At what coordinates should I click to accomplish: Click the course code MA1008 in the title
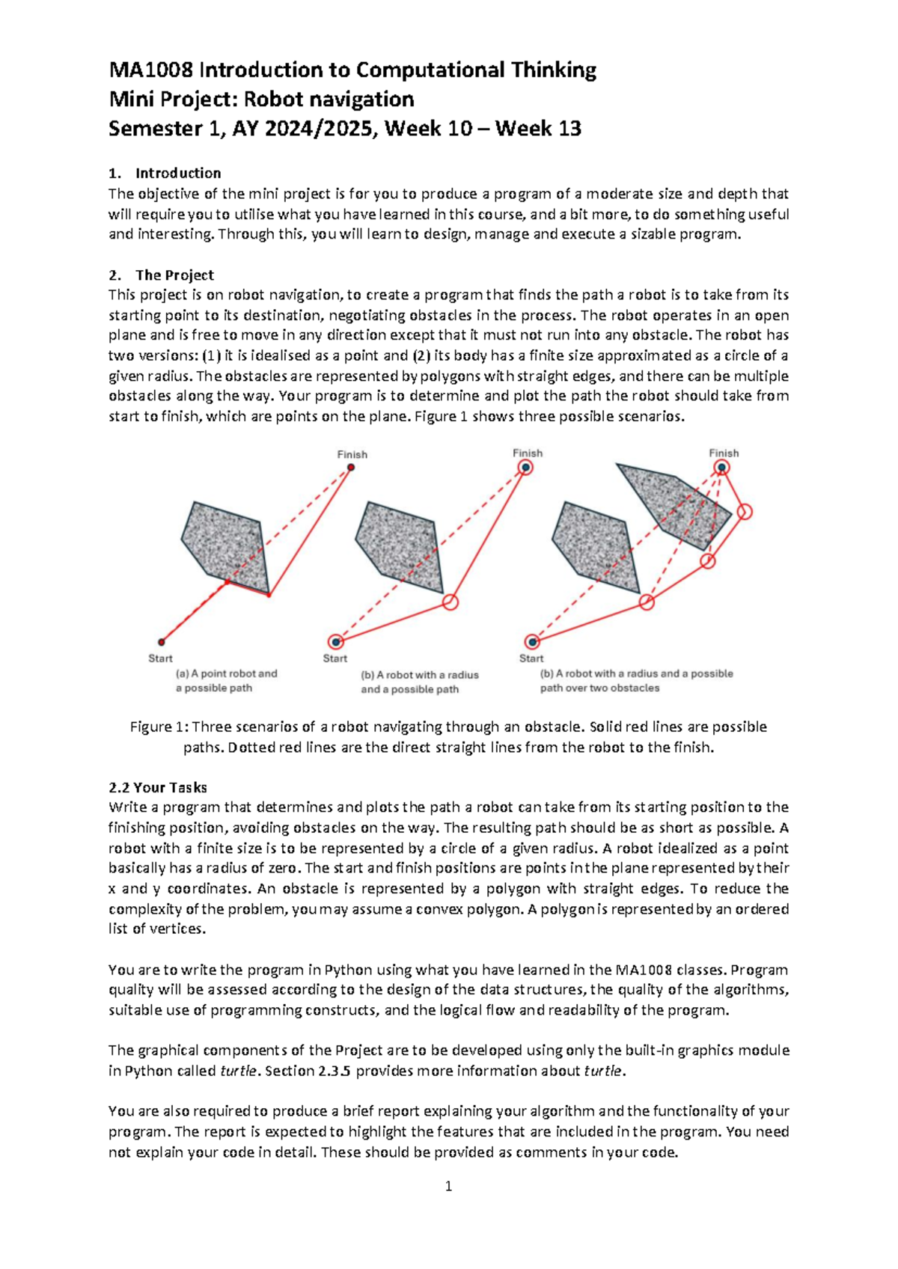151,70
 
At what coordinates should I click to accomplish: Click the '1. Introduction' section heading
165,173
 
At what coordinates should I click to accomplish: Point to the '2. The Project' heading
162,275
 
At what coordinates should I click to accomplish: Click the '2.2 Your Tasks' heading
158,787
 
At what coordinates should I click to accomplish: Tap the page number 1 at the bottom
448,1186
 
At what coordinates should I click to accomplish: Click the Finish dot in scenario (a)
351,468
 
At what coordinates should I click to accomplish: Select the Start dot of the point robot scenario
161,642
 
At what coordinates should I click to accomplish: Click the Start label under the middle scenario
335,658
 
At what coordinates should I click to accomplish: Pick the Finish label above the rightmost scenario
724,453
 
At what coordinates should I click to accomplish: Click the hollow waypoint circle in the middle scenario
450,602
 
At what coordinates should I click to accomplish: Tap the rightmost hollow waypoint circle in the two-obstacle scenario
744,512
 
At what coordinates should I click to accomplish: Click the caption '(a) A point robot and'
226,673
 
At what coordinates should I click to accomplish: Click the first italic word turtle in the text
239,1071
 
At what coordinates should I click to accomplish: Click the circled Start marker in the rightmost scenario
532,642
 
